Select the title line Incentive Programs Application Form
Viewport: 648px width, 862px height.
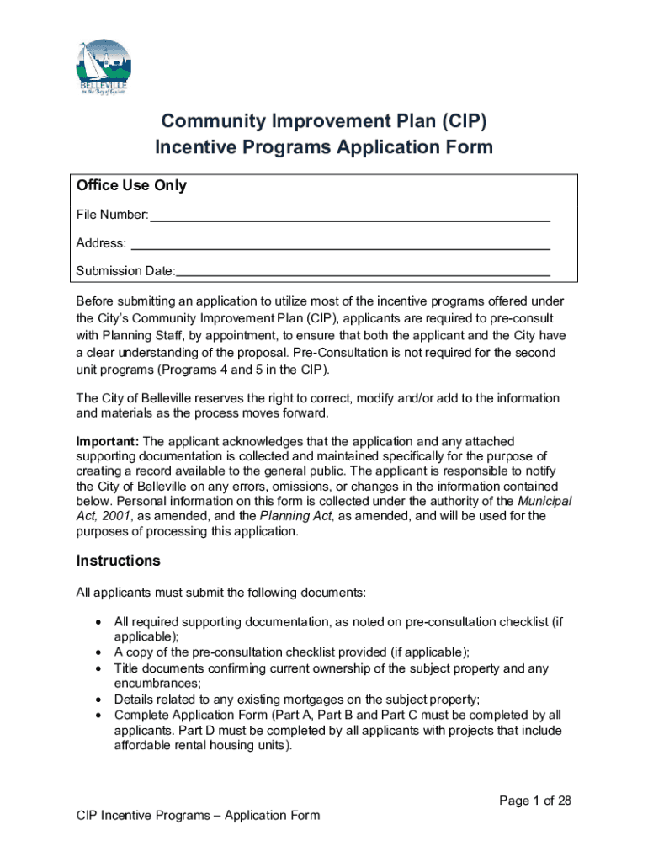coord(324,147)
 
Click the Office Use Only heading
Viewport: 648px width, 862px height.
coord(131,185)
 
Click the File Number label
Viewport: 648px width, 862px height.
coord(112,216)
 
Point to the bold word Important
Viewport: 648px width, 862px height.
coord(108,441)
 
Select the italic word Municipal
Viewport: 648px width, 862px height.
coord(544,501)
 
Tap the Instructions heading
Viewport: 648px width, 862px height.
coord(118,561)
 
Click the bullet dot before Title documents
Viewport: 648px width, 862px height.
coord(98,668)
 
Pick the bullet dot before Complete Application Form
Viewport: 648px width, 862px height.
coord(98,716)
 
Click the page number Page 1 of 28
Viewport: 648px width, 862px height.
coord(534,801)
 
